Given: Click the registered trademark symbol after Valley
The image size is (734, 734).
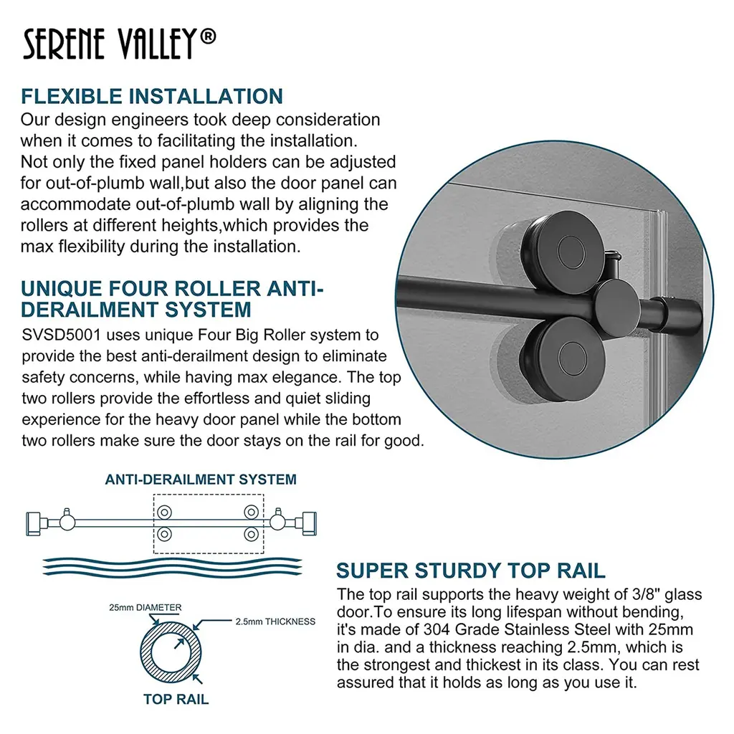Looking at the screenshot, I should point(207,37).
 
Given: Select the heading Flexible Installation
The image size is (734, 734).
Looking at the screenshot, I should point(152,96).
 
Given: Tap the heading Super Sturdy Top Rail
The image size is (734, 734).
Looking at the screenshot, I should point(471,571).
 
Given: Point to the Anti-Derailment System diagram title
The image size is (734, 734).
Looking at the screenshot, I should point(201,480).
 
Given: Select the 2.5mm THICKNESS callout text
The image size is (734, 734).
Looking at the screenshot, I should point(275,621).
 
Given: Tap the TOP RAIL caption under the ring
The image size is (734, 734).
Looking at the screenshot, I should point(176,699).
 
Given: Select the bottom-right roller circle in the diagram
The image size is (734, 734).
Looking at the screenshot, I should point(251,534).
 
